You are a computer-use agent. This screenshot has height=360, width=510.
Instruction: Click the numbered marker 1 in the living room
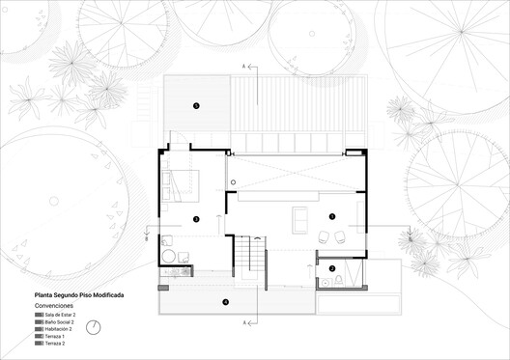[331, 216]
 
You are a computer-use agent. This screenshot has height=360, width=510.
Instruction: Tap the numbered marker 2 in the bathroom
[331, 268]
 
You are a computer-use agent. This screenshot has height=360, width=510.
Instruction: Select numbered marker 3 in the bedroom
[196, 219]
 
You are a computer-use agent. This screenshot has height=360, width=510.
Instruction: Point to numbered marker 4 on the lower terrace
[225, 302]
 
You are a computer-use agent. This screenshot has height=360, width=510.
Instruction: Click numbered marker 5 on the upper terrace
[196, 105]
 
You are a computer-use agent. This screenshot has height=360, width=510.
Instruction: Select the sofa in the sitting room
[299, 217]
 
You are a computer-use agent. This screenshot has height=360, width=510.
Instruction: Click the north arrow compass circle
[93, 327]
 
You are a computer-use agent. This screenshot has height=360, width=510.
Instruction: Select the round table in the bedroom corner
[169, 257]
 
